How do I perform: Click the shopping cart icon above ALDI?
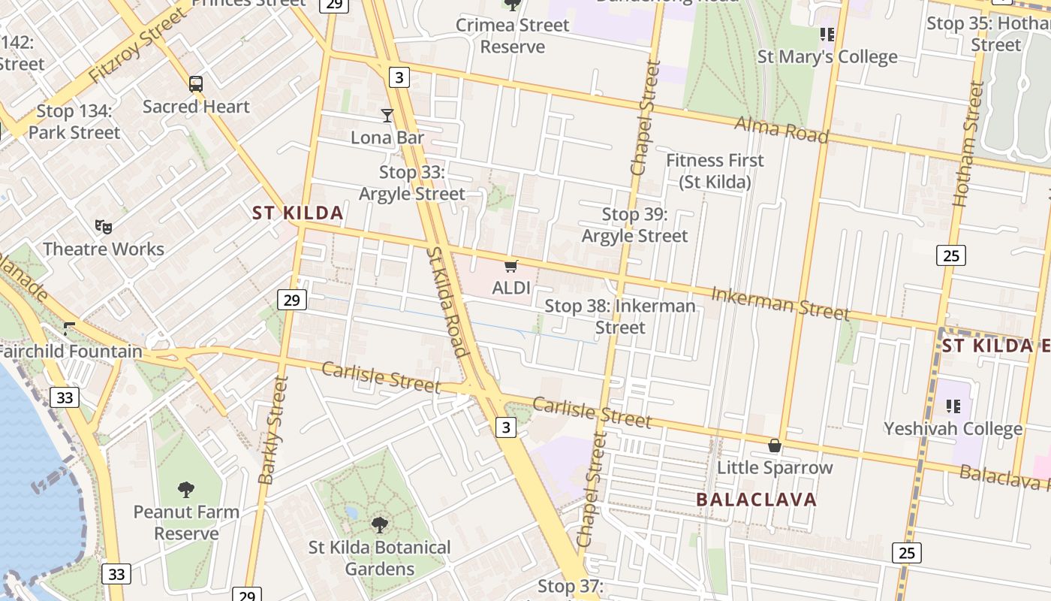pyautogui.click(x=511, y=266)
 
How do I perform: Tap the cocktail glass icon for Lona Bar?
pyautogui.click(x=387, y=115)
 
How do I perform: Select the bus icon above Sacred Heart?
pyautogui.click(x=196, y=84)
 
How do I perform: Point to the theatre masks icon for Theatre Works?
pyautogui.click(x=104, y=226)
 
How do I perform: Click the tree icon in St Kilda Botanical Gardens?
pyautogui.click(x=380, y=524)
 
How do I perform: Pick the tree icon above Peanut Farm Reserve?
pyautogui.click(x=186, y=490)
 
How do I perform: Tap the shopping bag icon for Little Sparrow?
pyautogui.click(x=775, y=445)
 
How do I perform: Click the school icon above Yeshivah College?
pyautogui.click(x=953, y=406)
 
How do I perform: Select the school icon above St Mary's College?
pyautogui.click(x=827, y=34)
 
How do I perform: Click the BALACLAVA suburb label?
pyautogui.click(x=756, y=500)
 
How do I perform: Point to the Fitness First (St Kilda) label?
pyautogui.click(x=715, y=171)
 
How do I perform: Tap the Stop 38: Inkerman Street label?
pyautogui.click(x=620, y=316)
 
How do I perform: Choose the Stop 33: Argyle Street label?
pyautogui.click(x=412, y=183)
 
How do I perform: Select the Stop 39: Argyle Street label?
pyautogui.click(x=635, y=225)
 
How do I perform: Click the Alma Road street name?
pyautogui.click(x=781, y=130)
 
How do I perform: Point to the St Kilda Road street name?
pyautogui.click(x=447, y=301)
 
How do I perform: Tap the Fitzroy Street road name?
pyautogui.click(x=137, y=47)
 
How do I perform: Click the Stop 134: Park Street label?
pyautogui.click(x=74, y=122)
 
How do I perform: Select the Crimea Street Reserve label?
pyautogui.click(x=512, y=35)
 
